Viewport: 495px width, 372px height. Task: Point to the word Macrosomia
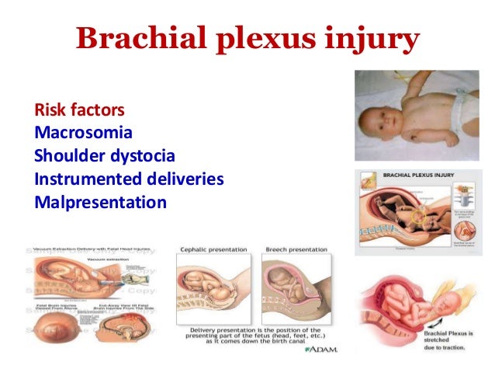[x=83, y=133]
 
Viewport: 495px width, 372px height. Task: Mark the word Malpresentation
[x=101, y=203]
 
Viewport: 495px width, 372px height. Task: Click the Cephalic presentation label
[x=213, y=249]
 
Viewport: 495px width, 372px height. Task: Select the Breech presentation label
[x=298, y=249]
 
